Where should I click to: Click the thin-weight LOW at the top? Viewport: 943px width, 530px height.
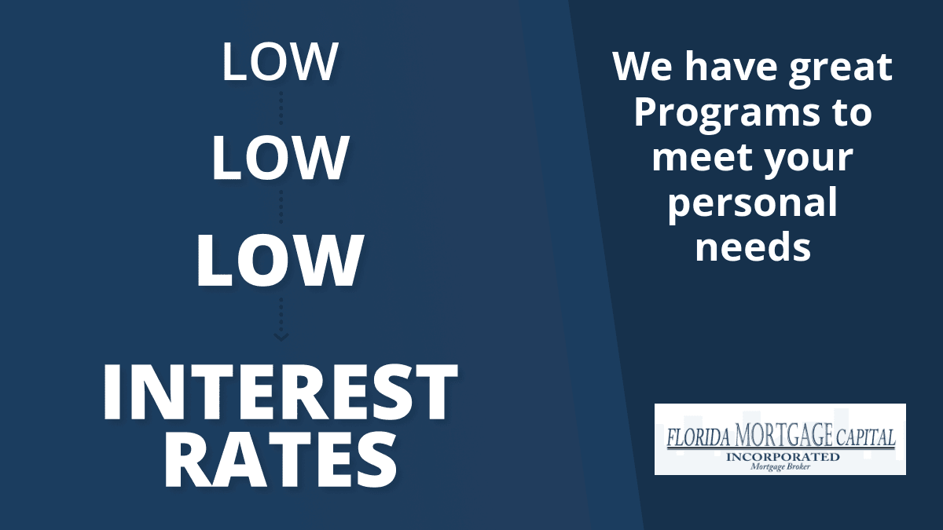(280, 61)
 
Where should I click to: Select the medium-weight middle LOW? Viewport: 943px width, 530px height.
(280, 158)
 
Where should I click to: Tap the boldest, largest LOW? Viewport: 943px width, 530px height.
(280, 261)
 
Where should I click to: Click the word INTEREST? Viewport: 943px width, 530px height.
(280, 392)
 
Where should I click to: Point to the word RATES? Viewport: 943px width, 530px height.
(280, 461)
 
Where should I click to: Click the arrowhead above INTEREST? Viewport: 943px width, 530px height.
(281, 337)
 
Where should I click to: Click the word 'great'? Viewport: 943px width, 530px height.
(841, 68)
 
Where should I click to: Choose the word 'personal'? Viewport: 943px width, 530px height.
(753, 203)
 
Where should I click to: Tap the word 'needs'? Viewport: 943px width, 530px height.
(753, 246)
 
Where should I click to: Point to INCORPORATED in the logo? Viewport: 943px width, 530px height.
(783, 457)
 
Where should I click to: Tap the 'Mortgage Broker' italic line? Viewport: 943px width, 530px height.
(780, 466)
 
